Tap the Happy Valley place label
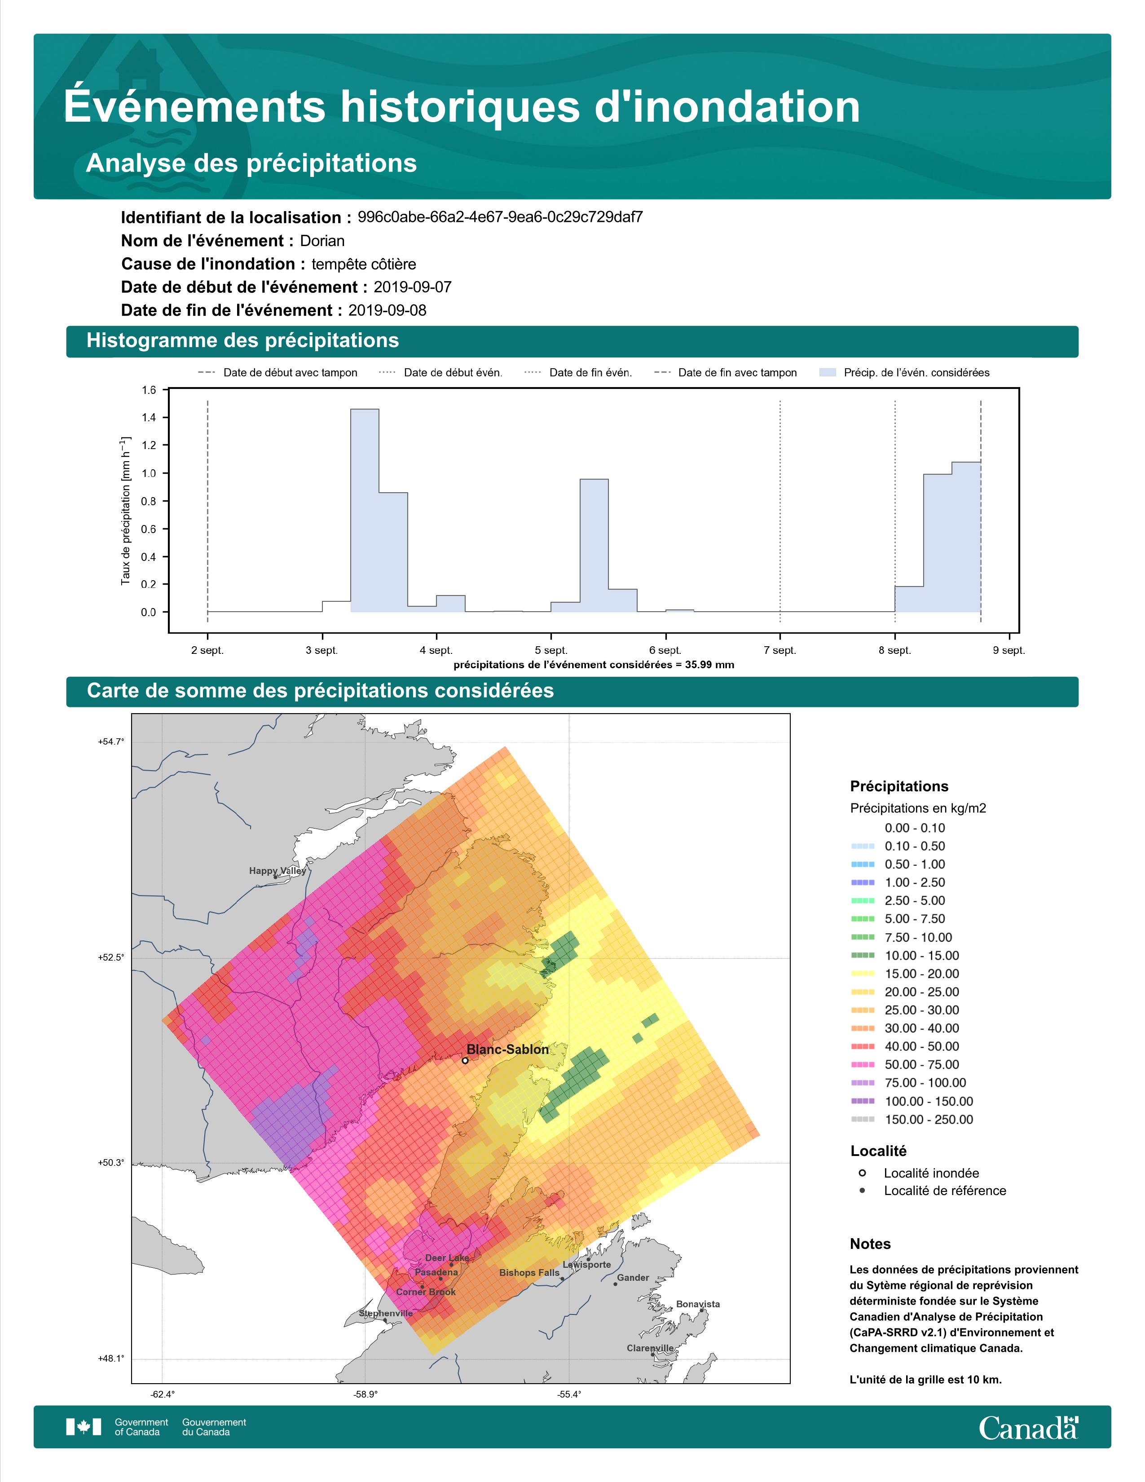(x=277, y=871)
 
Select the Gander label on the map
(x=633, y=1278)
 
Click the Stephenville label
(x=385, y=1313)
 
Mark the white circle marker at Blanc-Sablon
(x=465, y=1060)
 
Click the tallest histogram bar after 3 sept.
(x=365, y=510)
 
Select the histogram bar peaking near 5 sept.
(x=594, y=546)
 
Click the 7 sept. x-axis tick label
(x=780, y=650)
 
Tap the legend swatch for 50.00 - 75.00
(x=862, y=1065)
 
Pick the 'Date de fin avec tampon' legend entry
(x=725, y=373)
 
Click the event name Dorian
(x=322, y=241)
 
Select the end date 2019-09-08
(x=388, y=310)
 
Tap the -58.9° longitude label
(x=366, y=1394)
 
